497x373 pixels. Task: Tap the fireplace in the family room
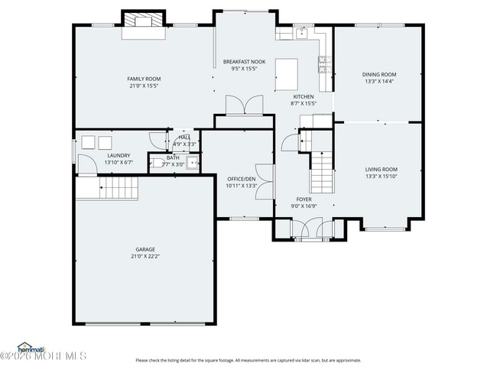click(x=144, y=21)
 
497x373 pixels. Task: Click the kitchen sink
click(x=303, y=33)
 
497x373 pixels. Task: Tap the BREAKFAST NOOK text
click(x=244, y=61)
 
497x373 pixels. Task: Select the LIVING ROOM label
click(x=381, y=169)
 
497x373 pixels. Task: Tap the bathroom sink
click(x=193, y=161)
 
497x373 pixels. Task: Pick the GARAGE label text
click(x=145, y=249)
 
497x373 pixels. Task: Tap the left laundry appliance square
click(x=88, y=142)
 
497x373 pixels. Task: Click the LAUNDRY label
click(x=118, y=155)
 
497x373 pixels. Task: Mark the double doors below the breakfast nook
click(x=244, y=105)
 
